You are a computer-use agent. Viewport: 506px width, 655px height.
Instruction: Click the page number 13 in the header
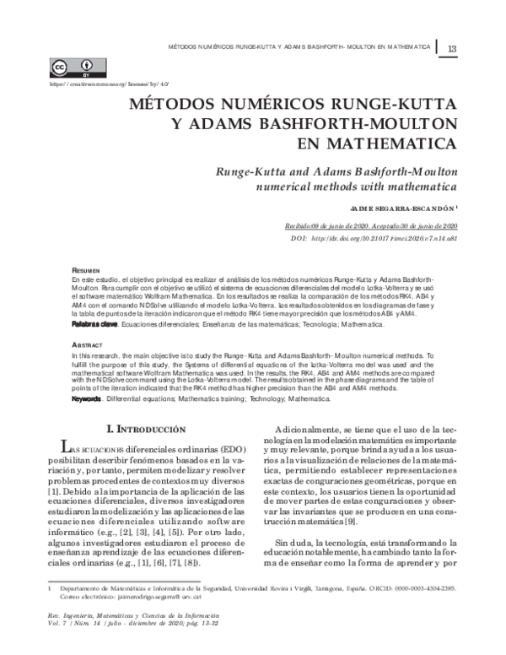coord(452,47)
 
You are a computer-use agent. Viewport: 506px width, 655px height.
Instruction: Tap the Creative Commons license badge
coord(73,68)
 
